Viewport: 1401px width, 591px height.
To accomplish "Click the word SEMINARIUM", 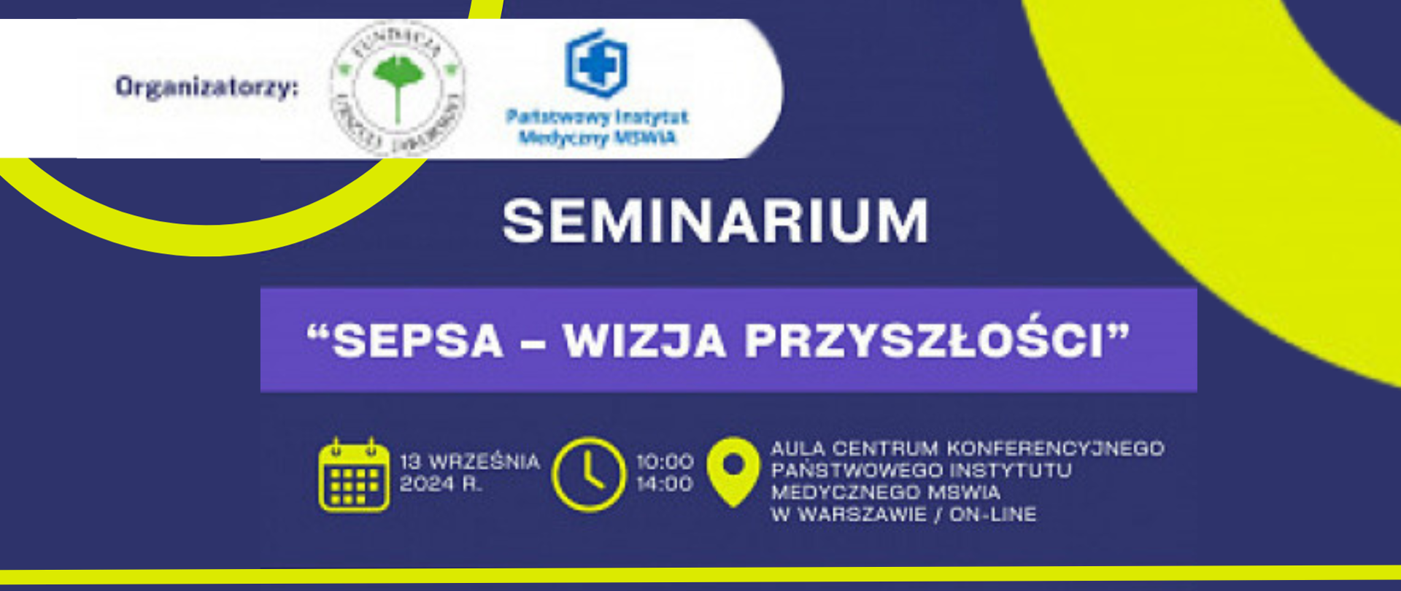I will (715, 221).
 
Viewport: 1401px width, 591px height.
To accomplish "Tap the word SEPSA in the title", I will (418, 341).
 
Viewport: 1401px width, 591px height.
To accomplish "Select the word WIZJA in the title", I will (644, 341).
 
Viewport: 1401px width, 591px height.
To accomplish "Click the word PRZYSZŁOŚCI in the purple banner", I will (924, 341).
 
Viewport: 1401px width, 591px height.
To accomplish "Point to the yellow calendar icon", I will (354, 476).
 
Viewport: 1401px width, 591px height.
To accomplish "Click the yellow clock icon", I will (589, 474).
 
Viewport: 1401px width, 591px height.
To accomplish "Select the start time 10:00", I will (665, 462).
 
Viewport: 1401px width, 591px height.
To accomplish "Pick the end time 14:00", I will (665, 484).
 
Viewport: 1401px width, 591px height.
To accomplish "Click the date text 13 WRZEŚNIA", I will (470, 462).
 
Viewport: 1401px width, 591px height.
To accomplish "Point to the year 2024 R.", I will (441, 484).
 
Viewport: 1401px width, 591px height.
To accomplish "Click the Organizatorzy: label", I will (207, 88).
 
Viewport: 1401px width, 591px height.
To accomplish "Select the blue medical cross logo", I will (597, 63).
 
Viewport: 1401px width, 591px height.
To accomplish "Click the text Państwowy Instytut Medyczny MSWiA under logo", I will (597, 127).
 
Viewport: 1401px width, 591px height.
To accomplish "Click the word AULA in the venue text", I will (798, 448).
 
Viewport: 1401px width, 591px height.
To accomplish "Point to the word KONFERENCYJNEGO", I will (1055, 448).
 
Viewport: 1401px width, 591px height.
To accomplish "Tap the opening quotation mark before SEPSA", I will (317, 333).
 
